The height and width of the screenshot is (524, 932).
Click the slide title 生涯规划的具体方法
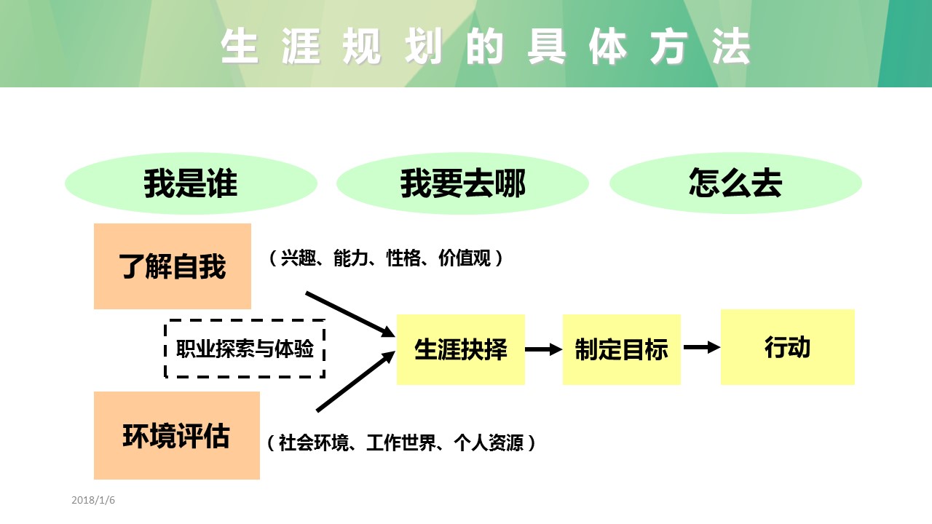click(486, 47)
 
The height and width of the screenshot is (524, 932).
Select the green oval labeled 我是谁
click(191, 183)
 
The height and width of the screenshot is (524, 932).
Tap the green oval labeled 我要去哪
click(462, 183)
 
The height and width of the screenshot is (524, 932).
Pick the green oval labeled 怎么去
click(735, 183)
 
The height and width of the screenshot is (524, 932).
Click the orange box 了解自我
click(173, 266)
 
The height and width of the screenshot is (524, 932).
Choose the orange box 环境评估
click(176, 435)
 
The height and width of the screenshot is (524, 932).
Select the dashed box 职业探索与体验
click(245, 349)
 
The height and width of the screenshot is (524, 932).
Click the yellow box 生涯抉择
click(460, 349)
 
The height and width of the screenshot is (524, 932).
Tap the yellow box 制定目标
click(621, 349)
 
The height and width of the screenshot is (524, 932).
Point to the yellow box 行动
click(787, 347)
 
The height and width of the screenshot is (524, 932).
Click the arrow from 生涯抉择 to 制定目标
click(543, 350)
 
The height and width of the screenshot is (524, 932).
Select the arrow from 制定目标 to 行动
click(701, 348)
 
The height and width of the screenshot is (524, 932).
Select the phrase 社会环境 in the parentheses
click(314, 442)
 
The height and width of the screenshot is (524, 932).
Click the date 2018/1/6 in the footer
click(93, 500)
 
